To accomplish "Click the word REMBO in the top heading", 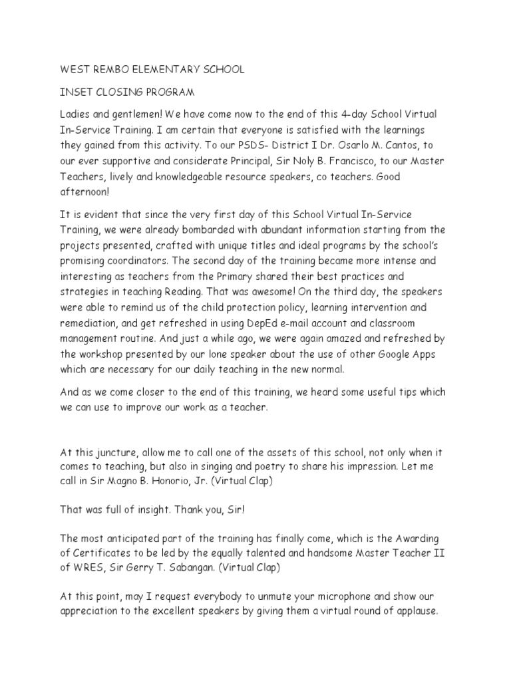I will click(109, 69).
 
